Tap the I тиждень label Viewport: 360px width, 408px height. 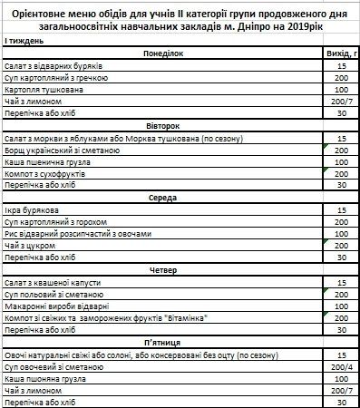coord(21,44)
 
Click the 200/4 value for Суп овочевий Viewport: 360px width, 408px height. coord(341,366)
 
